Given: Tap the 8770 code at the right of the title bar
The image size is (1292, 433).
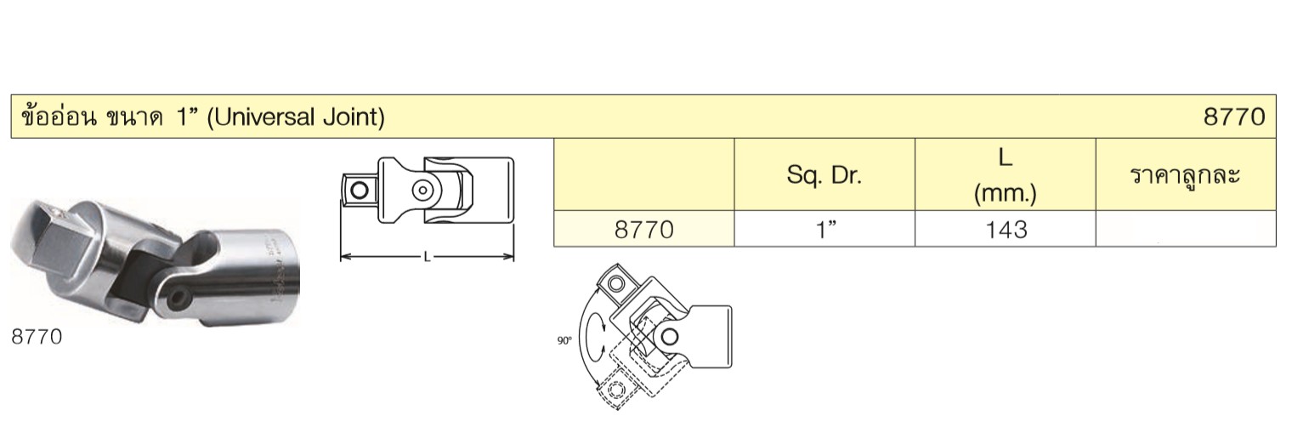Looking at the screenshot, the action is tap(1234, 117).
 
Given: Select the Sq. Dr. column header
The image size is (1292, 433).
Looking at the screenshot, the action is tap(824, 174).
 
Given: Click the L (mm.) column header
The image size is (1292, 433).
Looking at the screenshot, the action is tap(1006, 175).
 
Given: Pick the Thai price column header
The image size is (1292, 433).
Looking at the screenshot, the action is tap(1185, 175).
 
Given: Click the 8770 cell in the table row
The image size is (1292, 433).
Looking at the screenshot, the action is tap(643, 230).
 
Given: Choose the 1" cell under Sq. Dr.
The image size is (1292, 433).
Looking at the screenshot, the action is tap(824, 230).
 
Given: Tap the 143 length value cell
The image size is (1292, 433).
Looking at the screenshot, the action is tap(1006, 230).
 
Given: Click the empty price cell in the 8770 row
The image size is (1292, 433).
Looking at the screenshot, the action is tap(1186, 229).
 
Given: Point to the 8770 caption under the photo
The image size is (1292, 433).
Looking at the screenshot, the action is tap(37, 337).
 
